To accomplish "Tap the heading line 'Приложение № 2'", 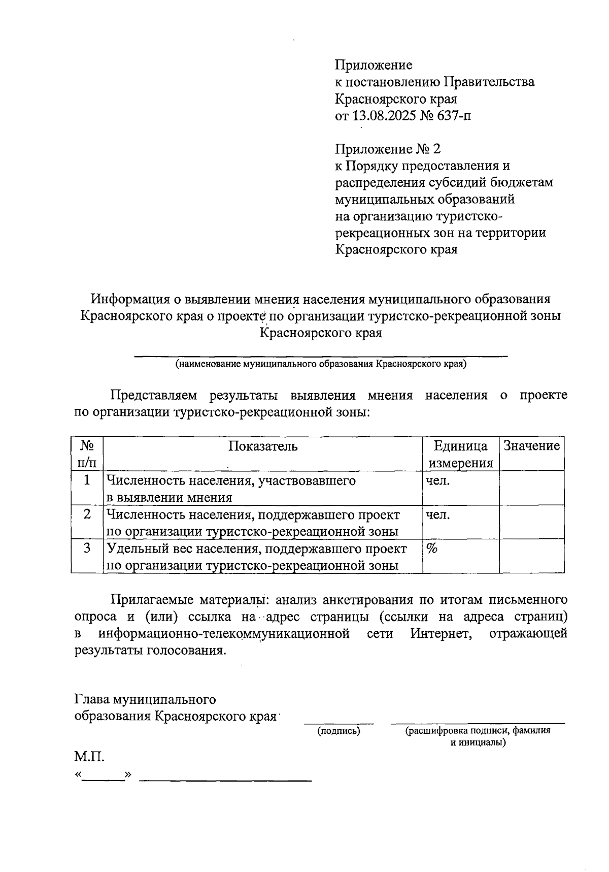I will (x=388, y=149).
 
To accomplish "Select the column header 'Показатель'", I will (x=263, y=446).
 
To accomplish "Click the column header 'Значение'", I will (x=531, y=446).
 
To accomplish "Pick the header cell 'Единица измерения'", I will (x=461, y=454).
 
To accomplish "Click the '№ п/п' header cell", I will (x=87, y=454).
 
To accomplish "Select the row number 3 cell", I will (x=87, y=548).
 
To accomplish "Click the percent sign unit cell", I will (x=432, y=548).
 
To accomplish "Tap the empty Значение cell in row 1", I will (x=531, y=488).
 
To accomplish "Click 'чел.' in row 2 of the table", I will (x=437, y=514).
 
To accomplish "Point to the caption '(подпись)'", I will (x=339, y=731).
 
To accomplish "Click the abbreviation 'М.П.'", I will (x=90, y=757).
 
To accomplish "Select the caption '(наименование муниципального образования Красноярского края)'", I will (x=321, y=364).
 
